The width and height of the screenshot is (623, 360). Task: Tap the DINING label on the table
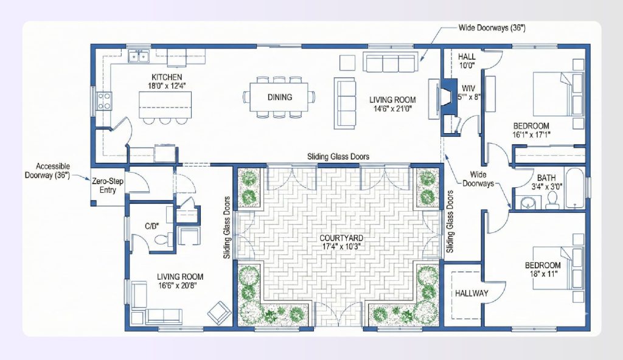(279, 97)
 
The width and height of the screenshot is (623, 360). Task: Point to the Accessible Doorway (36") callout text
(53, 171)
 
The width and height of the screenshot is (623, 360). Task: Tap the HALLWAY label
(472, 293)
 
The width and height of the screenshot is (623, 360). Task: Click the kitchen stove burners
(104, 100)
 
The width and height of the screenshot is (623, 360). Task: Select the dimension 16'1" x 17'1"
(531, 134)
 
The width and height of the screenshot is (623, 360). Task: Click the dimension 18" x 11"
(542, 275)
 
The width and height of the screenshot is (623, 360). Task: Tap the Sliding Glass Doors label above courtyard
(338, 156)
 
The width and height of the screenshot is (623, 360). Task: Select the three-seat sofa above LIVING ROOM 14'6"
(390, 63)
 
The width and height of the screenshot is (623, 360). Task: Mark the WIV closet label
(467, 89)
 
